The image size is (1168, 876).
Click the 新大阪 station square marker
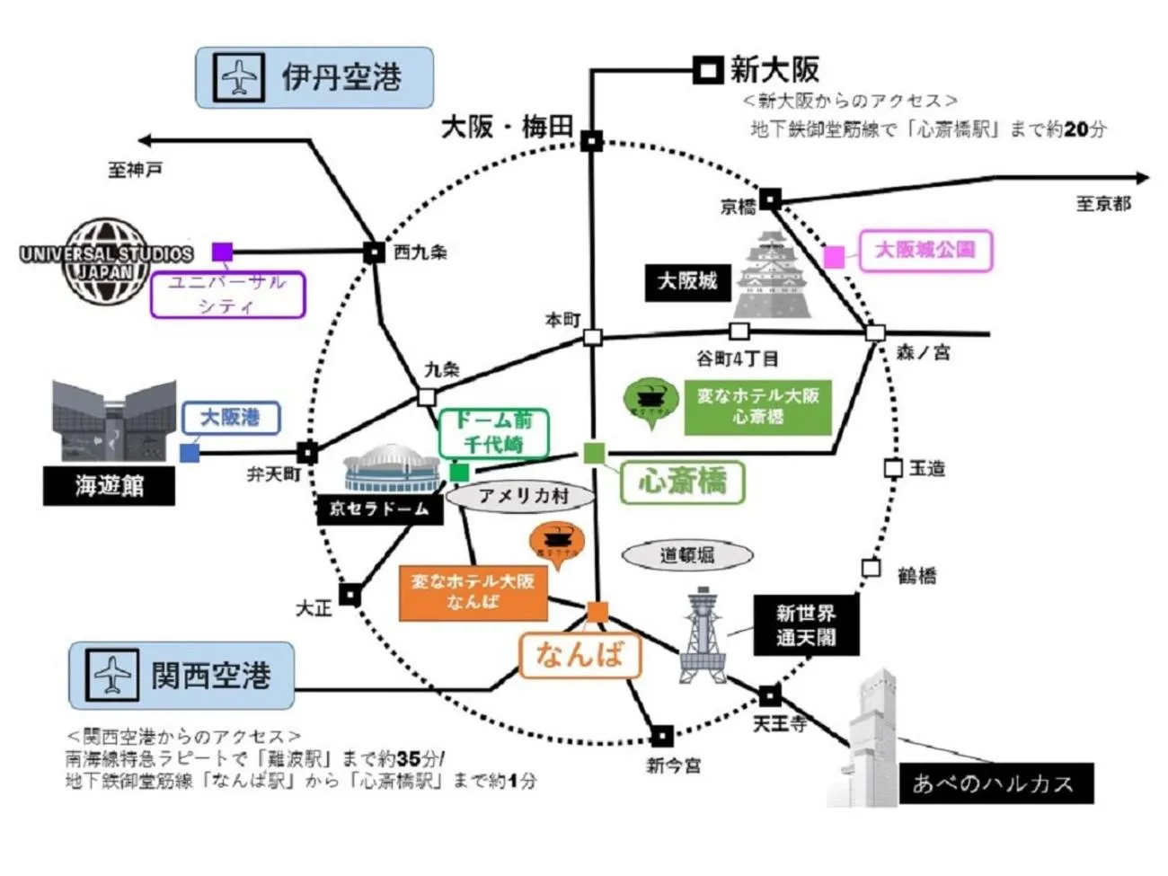[x=707, y=70]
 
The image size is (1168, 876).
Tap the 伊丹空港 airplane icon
[x=238, y=77]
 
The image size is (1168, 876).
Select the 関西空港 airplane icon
[x=111, y=675]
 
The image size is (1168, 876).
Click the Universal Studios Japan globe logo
[x=106, y=261]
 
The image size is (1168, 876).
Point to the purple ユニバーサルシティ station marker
[x=222, y=252]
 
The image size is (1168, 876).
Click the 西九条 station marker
[x=374, y=252]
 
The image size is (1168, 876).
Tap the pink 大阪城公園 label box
[x=925, y=250]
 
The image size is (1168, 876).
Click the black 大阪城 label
[x=687, y=281]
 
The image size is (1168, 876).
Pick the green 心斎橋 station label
[x=683, y=482]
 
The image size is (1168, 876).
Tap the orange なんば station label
[x=580, y=654]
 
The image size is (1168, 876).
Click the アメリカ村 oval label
[x=522, y=496]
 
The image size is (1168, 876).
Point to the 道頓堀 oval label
[x=687, y=554]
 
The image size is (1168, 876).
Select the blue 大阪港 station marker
[x=190, y=453]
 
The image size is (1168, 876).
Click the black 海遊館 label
[x=109, y=486]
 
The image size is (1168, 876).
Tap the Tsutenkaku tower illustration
[x=702, y=634]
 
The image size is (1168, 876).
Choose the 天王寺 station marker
[x=769, y=695]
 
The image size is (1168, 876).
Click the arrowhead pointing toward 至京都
[x=1142, y=178]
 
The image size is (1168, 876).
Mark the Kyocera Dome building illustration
[x=390, y=470]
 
